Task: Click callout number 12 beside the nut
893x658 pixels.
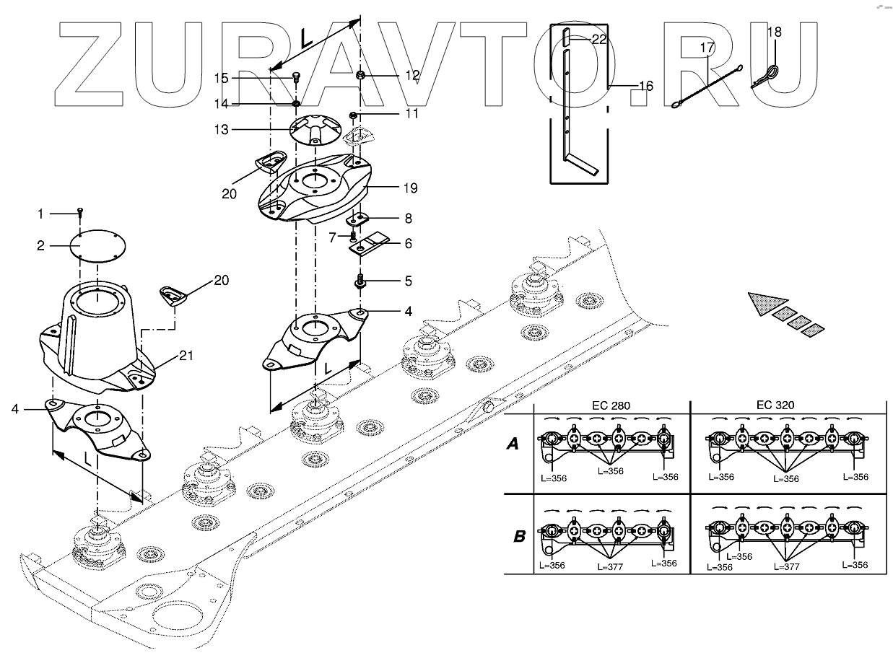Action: (411, 75)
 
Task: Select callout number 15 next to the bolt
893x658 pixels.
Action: (221, 77)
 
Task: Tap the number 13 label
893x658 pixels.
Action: (221, 130)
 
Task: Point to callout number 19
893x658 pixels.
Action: (411, 189)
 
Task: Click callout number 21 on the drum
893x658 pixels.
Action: (187, 356)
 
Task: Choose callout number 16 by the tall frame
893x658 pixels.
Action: (645, 86)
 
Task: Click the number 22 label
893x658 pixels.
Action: (599, 40)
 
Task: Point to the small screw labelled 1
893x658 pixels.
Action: (81, 211)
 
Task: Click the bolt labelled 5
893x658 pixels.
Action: (359, 282)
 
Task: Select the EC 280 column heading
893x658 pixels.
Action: (611, 405)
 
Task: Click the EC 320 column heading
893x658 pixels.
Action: (776, 405)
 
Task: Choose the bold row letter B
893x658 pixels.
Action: (519, 537)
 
